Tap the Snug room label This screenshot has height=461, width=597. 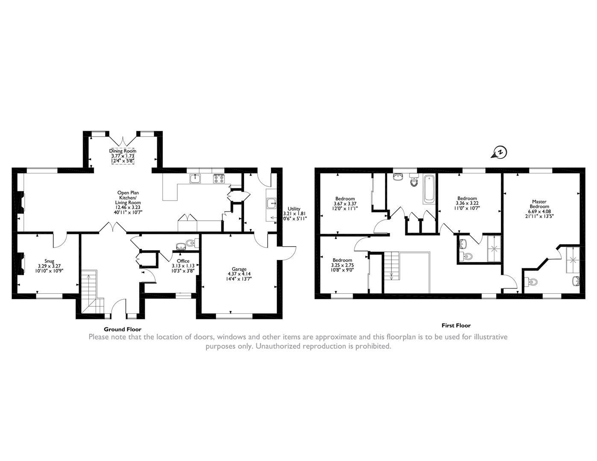click(x=50, y=261)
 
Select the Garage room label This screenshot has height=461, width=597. click(x=239, y=269)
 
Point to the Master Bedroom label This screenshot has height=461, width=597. click(x=539, y=204)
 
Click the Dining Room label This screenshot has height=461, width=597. click(x=123, y=151)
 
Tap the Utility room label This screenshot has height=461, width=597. click(x=294, y=209)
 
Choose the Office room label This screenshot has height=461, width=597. click(x=183, y=261)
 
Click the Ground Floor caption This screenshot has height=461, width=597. click(x=123, y=329)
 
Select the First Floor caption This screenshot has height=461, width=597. click(x=456, y=325)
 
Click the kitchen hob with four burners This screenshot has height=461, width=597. click(x=219, y=179)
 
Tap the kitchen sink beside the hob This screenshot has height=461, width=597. click(x=195, y=178)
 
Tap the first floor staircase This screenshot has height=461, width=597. click(x=391, y=266)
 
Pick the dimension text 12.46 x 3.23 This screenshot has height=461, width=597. click(x=128, y=207)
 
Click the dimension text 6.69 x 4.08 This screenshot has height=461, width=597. click(x=539, y=211)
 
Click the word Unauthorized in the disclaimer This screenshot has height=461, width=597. click(x=278, y=346)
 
